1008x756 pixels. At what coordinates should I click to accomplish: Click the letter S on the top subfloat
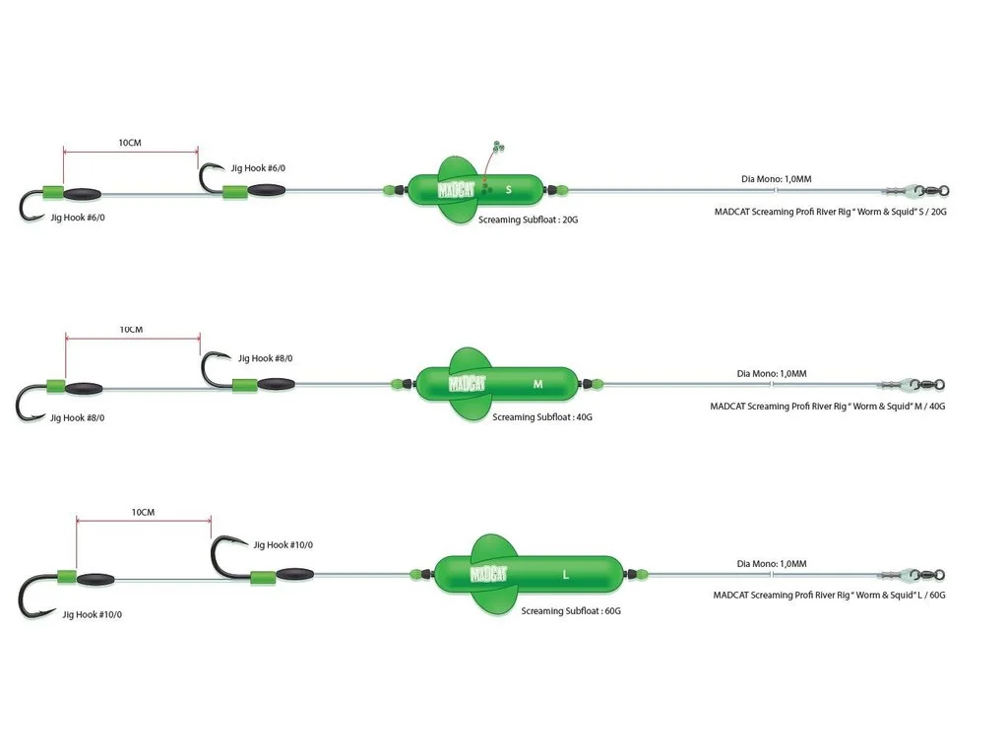509,190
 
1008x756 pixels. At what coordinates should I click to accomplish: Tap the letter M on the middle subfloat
538,384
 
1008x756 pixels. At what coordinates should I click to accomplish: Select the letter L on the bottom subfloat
566,575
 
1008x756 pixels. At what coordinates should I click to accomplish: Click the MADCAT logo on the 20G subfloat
456,190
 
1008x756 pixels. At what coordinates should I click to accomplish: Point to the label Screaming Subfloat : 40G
542,417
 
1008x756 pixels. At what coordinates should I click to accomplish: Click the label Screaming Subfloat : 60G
571,610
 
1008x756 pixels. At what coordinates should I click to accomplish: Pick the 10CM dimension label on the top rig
130,143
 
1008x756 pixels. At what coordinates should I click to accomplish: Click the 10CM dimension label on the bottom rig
143,512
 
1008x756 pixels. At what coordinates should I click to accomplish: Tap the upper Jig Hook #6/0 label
258,168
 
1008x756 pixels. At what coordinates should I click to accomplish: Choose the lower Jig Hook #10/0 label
92,614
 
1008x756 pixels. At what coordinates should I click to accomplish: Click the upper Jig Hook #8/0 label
265,358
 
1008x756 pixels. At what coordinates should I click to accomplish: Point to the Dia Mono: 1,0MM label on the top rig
776,179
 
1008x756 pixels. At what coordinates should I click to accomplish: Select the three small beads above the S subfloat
498,146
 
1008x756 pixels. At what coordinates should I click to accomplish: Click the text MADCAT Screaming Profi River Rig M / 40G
827,407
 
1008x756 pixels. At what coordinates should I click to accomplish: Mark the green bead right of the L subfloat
642,574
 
